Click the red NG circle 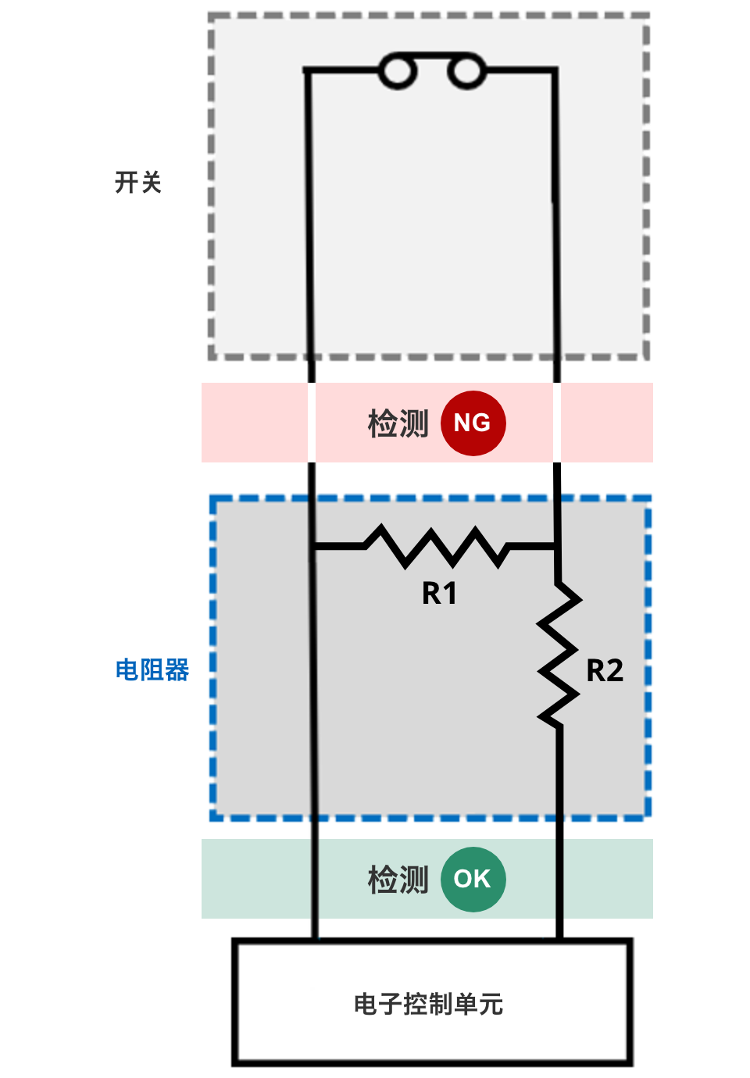pos(473,423)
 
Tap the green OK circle pos(473,879)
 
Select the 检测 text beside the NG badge pos(398,423)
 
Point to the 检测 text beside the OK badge pos(398,880)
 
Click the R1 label pos(439,594)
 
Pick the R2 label pos(605,671)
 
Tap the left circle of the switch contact pos(397,71)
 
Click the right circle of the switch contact pos(466,71)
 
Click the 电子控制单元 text pos(428,1004)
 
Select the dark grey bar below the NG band pos(431,473)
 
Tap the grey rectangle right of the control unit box pos(654,1002)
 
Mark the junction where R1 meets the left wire pos(312,546)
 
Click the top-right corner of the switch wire pos(555,71)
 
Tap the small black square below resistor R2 pos(561,830)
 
